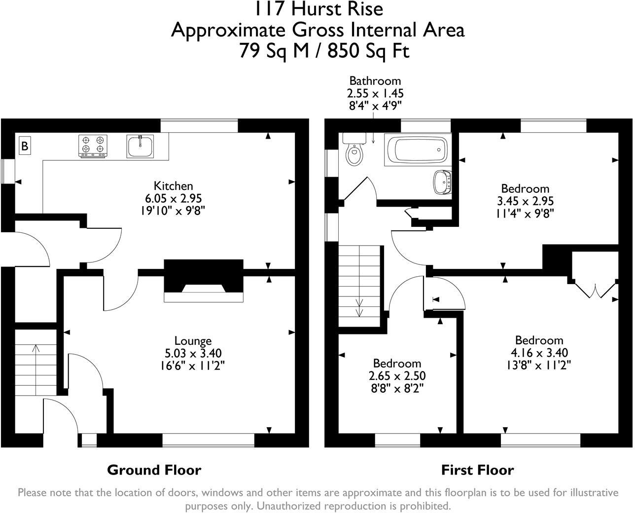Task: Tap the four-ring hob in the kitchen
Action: (x=93, y=146)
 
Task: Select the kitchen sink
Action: (x=140, y=146)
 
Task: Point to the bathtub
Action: (x=417, y=150)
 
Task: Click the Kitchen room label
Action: (x=174, y=186)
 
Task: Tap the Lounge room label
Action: (x=193, y=340)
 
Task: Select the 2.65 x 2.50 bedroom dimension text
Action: (x=397, y=376)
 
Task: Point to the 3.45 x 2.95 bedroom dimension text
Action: (x=525, y=201)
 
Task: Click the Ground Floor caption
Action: (x=154, y=470)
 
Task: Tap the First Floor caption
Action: (x=477, y=470)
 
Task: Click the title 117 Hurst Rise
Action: (x=318, y=9)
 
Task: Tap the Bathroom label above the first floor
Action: (x=375, y=80)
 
